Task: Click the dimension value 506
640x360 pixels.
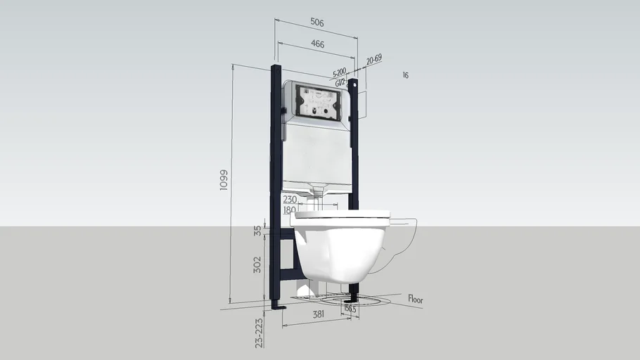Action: click(x=316, y=22)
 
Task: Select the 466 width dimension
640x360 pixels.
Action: click(x=316, y=44)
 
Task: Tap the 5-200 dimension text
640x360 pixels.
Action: click(x=338, y=72)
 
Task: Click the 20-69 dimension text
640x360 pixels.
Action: click(x=373, y=60)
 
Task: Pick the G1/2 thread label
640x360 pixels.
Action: click(x=340, y=82)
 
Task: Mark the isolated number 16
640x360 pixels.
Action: click(x=405, y=75)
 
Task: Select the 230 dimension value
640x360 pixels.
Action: click(x=289, y=200)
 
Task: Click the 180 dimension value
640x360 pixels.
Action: click(x=289, y=210)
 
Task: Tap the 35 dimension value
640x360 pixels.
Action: click(x=257, y=229)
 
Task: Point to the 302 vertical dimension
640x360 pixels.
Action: click(x=257, y=264)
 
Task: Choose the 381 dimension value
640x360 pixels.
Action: click(x=317, y=315)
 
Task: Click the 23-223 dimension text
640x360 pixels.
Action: click(x=259, y=333)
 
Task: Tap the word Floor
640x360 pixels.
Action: click(x=416, y=300)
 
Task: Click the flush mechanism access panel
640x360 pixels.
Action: click(x=320, y=101)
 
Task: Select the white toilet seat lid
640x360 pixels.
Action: click(x=342, y=214)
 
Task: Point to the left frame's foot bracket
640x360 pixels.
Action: click(x=279, y=307)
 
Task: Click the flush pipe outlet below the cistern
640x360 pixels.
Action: click(x=319, y=190)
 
